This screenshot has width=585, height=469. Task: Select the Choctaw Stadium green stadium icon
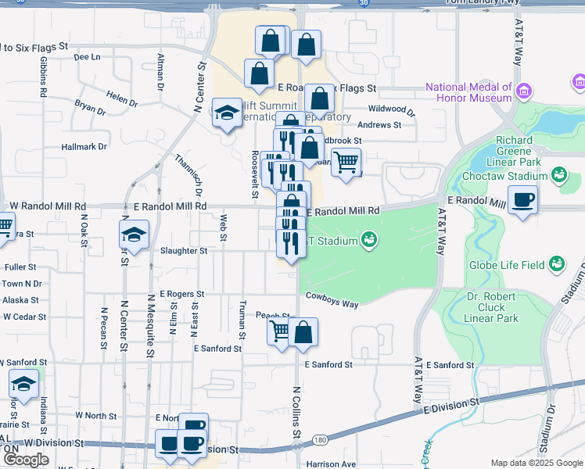[x=558, y=174]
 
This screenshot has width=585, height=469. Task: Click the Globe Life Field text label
[x=506, y=265]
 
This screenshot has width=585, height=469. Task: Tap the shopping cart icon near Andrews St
[x=346, y=163]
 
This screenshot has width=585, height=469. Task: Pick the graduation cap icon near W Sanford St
[x=23, y=383]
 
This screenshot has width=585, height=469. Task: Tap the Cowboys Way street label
[x=332, y=299]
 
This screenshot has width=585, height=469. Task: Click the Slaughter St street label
[x=183, y=251]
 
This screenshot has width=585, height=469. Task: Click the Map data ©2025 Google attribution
[x=536, y=463]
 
